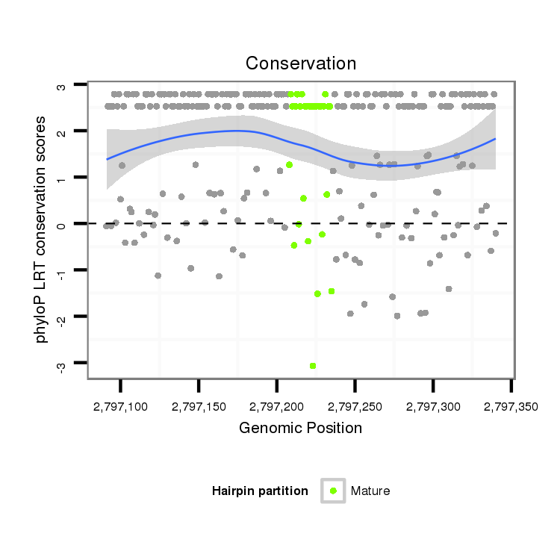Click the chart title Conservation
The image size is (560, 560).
click(x=301, y=63)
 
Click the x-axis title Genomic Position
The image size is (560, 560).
click(x=300, y=428)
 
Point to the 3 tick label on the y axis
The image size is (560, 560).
click(x=62, y=86)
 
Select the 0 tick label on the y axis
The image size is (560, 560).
click(x=62, y=224)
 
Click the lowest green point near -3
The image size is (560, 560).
click(x=313, y=365)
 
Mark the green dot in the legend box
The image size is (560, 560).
click(x=333, y=491)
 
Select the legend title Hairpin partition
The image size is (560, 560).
click(x=260, y=491)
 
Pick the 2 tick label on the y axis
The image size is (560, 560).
click(x=62, y=132)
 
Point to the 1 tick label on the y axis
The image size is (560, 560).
click(x=62, y=178)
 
